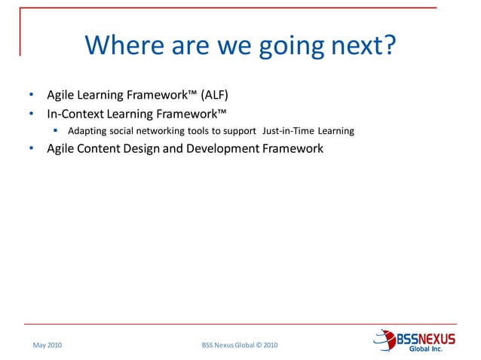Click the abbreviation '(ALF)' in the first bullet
pos(214,95)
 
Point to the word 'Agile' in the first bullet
pos(61,95)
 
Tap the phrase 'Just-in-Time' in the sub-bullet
pos(288,131)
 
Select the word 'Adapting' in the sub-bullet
pos(85,131)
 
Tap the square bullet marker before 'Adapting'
pos(56,130)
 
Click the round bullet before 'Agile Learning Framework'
pos(31,96)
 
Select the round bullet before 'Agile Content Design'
pos(31,149)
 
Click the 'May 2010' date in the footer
pos(47,345)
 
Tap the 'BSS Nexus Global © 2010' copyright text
pos(240,345)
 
